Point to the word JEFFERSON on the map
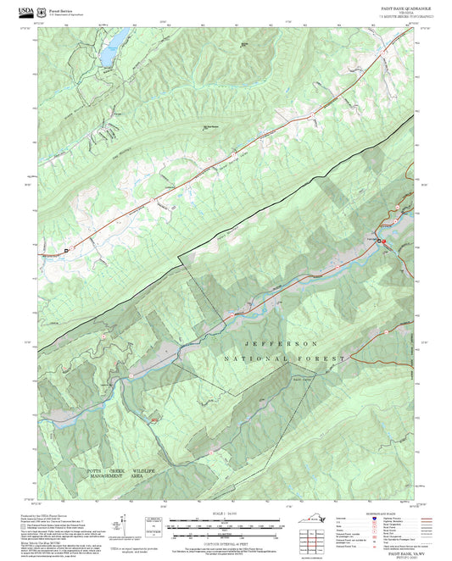click(281, 344)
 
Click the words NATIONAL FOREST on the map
click(284, 360)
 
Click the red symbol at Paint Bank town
click(383, 242)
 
